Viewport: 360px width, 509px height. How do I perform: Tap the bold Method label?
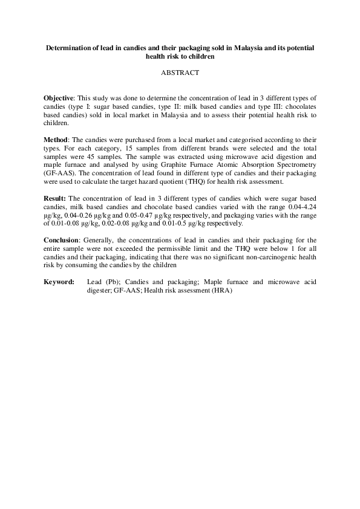click(57, 138)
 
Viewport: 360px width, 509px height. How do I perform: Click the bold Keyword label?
click(59, 282)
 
